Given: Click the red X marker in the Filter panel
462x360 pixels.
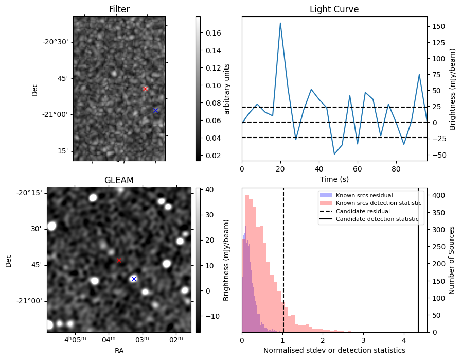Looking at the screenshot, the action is click(145, 89).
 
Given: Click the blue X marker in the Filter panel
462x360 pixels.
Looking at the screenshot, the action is click(155, 111).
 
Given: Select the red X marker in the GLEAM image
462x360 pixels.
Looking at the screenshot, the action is click(119, 261).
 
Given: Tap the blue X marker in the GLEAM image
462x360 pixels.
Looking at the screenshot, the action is click(134, 279).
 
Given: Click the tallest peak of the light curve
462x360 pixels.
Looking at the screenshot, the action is click(280, 23).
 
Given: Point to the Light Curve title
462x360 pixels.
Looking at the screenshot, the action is click(334, 9).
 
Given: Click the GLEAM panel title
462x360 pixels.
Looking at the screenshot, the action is click(119, 180).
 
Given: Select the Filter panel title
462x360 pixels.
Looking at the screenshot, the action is click(119, 9).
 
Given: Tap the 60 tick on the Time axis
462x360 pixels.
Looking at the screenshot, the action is click(358, 169).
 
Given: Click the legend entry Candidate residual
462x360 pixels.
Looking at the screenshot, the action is click(363, 211).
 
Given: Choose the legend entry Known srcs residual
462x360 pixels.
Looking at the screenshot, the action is click(364, 195).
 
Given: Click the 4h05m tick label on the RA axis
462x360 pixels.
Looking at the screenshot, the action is click(76, 339).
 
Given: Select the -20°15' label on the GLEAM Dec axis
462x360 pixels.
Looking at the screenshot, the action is click(29, 193).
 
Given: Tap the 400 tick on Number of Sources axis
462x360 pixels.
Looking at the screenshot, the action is click(438, 195).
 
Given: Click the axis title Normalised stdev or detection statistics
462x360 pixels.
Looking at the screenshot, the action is click(334, 350).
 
